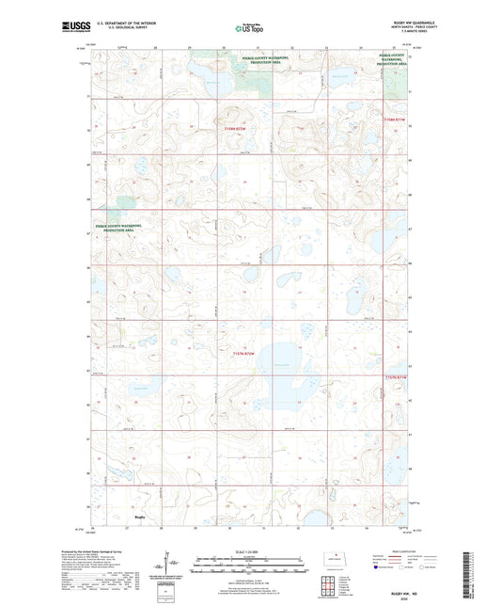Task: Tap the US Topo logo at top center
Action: (247, 29)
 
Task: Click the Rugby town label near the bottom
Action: (140, 518)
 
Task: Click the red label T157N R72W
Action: (246, 353)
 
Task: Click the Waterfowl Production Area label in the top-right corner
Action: (392, 57)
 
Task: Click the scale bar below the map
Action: (250, 567)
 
